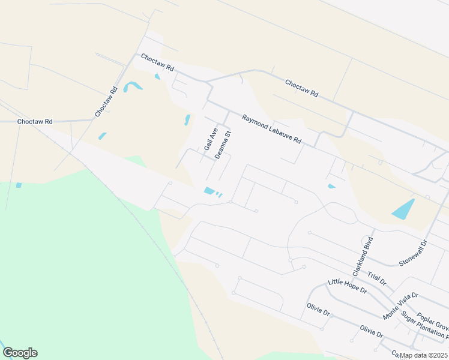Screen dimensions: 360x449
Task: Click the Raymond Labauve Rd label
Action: coord(271,129)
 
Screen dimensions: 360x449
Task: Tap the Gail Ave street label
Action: coord(210,139)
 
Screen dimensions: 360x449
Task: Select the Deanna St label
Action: coord(223,145)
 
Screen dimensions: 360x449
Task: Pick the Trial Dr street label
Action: coord(377,277)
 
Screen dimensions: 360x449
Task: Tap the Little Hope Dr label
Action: coord(347,286)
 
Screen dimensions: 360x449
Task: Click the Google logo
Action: coord(20,353)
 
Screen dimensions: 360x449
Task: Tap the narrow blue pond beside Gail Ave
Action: coord(187,120)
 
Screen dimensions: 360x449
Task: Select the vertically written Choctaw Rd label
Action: coord(106,102)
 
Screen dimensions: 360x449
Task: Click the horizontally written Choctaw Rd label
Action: coord(35,122)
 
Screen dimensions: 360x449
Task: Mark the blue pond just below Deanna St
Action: coord(209,191)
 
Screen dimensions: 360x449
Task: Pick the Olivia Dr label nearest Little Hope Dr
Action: coord(318,313)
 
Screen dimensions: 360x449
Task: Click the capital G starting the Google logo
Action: coord(8,353)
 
